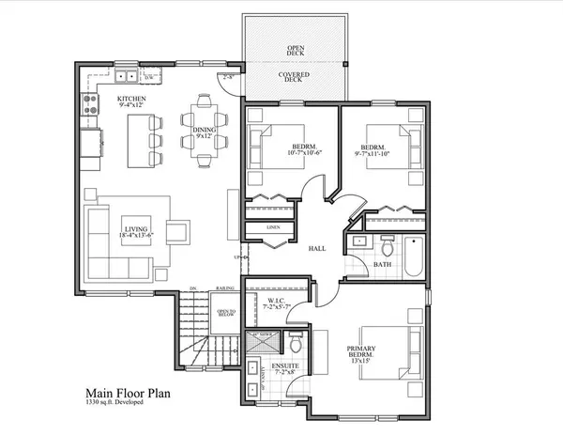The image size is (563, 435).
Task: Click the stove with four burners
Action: tap(91, 103)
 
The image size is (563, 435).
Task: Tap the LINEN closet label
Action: tap(273, 226)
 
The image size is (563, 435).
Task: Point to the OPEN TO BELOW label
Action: tap(226, 315)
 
